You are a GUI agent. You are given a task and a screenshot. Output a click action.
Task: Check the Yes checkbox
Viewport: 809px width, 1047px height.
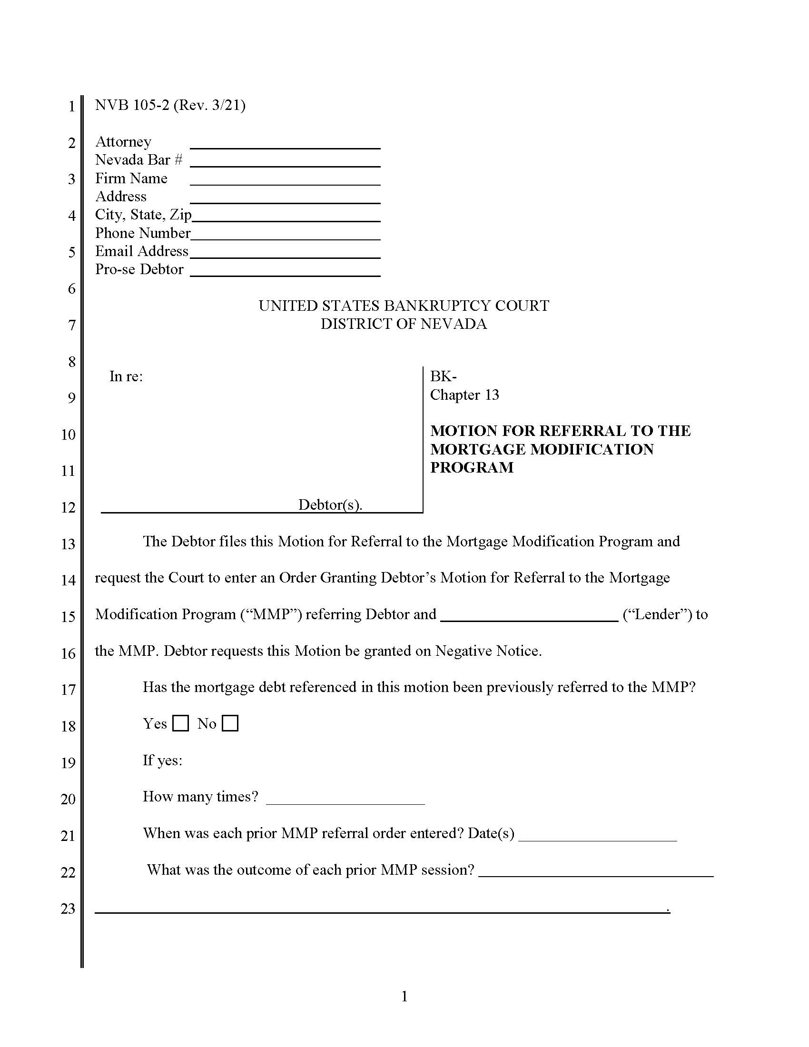point(180,723)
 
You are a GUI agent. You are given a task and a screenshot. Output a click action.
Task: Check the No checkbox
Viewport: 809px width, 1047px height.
point(230,723)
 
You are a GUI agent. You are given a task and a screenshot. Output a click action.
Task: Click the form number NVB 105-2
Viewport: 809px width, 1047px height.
point(132,105)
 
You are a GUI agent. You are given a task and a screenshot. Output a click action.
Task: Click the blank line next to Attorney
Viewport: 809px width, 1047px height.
point(285,143)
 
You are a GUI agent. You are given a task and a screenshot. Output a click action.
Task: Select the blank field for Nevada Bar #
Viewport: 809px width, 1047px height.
point(285,161)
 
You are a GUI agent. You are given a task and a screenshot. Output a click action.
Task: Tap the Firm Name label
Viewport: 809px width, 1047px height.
point(131,178)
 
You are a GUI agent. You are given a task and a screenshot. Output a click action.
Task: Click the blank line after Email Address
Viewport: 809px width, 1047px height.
point(285,253)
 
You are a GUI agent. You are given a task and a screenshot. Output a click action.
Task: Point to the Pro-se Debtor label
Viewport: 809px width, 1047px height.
point(139,269)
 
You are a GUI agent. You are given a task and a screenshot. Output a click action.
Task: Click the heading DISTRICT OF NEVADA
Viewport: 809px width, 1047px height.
point(404,324)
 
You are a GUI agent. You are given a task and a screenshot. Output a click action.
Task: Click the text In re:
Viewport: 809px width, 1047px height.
point(126,376)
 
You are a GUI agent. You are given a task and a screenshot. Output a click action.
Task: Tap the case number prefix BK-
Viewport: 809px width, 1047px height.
point(443,376)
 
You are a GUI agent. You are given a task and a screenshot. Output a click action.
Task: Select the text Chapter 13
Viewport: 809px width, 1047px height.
point(464,395)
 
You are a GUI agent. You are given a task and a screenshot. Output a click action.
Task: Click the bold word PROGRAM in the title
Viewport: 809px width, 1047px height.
point(472,467)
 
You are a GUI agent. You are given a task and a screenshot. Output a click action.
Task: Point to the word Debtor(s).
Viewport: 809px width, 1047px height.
point(330,505)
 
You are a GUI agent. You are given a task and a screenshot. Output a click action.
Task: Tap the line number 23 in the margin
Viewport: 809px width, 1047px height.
point(68,909)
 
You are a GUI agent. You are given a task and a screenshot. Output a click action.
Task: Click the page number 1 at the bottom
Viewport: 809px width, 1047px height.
point(404,997)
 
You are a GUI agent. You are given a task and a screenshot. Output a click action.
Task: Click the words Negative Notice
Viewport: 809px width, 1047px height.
point(488,651)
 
